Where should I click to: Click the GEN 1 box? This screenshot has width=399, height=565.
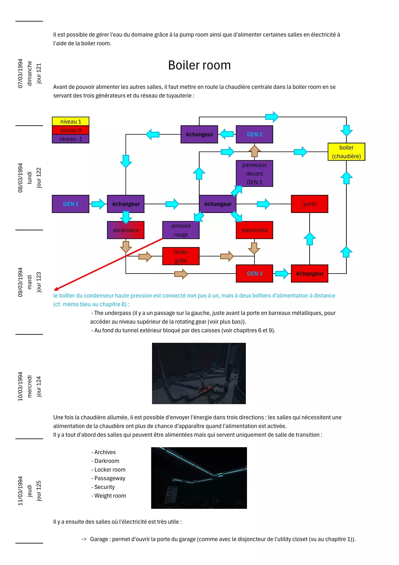70,204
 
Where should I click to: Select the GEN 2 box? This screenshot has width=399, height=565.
254,134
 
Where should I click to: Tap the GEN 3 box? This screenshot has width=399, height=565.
254,274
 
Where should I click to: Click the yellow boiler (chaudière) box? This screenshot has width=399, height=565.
346,152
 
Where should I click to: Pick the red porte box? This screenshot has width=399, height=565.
309,204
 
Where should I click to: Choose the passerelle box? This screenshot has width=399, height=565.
254,230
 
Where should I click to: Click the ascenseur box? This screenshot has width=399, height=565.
126,230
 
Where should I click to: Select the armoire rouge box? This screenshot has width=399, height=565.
181,230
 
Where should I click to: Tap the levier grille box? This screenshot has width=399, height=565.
181,256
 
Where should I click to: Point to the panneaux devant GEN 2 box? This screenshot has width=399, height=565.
254,173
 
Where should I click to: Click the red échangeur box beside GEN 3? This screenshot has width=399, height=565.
309,274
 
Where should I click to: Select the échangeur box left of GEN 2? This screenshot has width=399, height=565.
199,134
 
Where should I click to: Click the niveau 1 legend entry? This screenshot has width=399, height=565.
70,121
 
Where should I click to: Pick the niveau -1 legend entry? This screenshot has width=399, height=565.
70,139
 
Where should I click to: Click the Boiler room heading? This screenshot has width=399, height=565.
199,65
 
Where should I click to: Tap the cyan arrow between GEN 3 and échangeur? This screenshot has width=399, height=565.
282,274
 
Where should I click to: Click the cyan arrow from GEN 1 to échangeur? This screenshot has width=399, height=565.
98,204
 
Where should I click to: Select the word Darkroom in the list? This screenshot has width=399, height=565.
107,461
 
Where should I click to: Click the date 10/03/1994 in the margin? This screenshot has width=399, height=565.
20,386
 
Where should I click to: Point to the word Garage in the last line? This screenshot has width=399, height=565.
100,539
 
